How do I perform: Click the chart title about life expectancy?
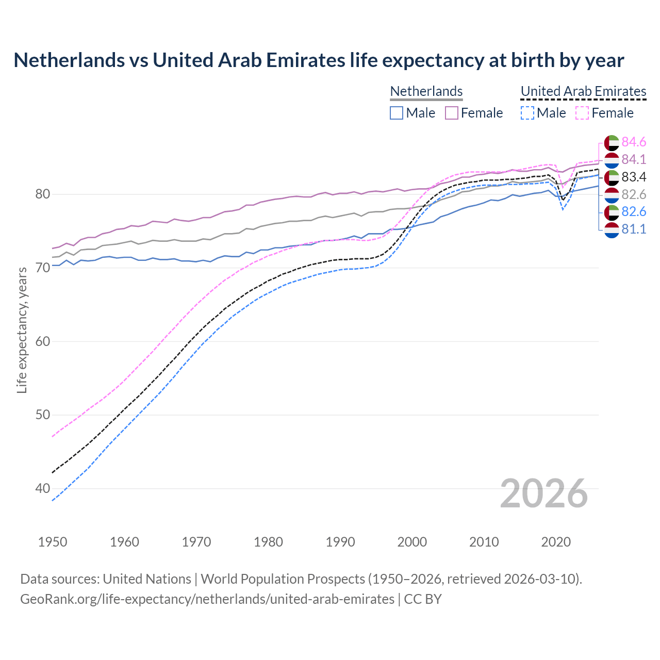point(319,60)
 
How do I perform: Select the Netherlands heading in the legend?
point(426,91)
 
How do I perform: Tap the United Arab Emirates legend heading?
point(583,91)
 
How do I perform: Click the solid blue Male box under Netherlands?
point(397,113)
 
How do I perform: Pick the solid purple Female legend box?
point(452,113)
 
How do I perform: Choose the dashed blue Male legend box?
point(527,113)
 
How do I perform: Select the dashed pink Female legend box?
point(582,113)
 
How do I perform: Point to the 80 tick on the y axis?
point(42,194)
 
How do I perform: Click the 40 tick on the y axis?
point(42,488)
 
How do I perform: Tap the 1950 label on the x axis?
point(53,542)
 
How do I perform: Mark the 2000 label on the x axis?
point(412,542)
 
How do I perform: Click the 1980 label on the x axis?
point(268,542)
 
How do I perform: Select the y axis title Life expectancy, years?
point(22,330)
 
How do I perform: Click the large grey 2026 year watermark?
point(543,493)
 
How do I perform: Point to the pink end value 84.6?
point(634,142)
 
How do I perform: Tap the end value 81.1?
point(634,229)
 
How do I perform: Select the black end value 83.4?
point(634,177)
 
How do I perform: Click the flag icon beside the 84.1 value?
point(612,160)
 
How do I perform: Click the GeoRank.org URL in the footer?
point(207,599)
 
